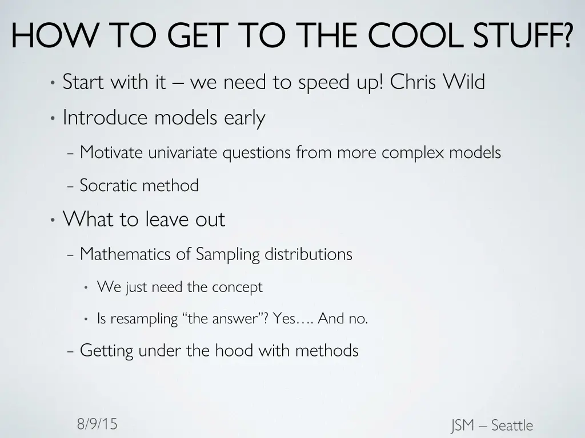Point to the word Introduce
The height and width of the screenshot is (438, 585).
click(x=106, y=118)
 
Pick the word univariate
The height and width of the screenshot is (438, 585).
click(x=183, y=153)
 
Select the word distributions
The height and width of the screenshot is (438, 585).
click(x=308, y=254)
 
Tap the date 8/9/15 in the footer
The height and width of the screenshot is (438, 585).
click(x=97, y=424)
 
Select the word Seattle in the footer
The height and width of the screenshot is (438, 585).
click(x=512, y=425)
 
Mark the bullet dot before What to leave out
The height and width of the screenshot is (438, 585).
click(x=52, y=220)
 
